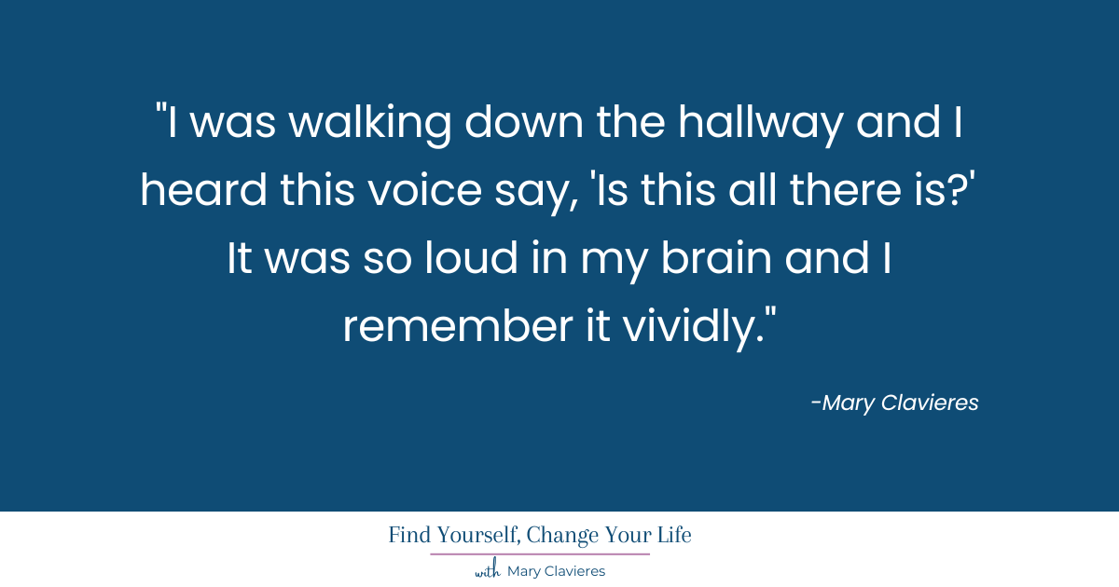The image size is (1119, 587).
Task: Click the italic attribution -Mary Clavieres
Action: click(x=894, y=403)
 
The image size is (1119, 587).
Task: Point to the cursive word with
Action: click(x=488, y=571)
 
